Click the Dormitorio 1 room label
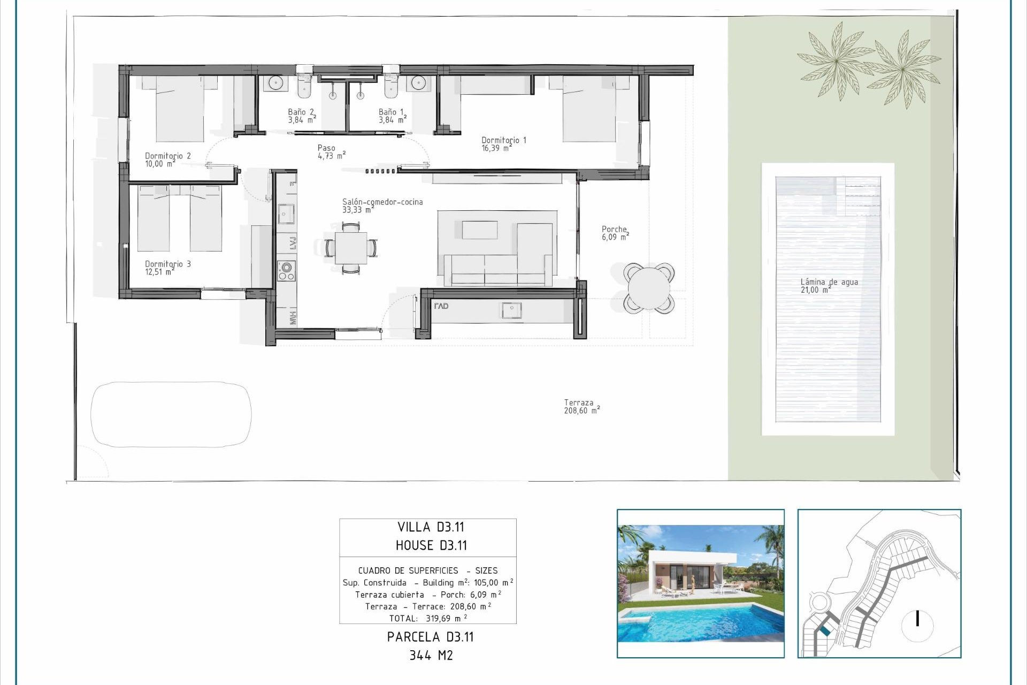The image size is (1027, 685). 503,144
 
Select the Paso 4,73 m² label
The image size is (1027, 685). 331,152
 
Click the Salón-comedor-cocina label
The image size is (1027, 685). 382,205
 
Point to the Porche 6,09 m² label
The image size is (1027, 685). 615,233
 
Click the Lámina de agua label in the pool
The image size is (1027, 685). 829,286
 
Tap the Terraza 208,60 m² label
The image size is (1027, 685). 581,407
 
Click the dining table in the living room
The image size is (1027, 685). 351,248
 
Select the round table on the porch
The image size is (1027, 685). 648,288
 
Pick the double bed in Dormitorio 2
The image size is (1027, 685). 180,110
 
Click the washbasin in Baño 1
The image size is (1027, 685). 419,83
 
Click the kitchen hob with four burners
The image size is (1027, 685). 286,271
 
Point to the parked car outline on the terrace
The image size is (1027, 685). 171,414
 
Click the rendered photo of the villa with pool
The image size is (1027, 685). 700,583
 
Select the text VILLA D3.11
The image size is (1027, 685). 431,527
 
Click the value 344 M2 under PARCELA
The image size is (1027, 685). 431,656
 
